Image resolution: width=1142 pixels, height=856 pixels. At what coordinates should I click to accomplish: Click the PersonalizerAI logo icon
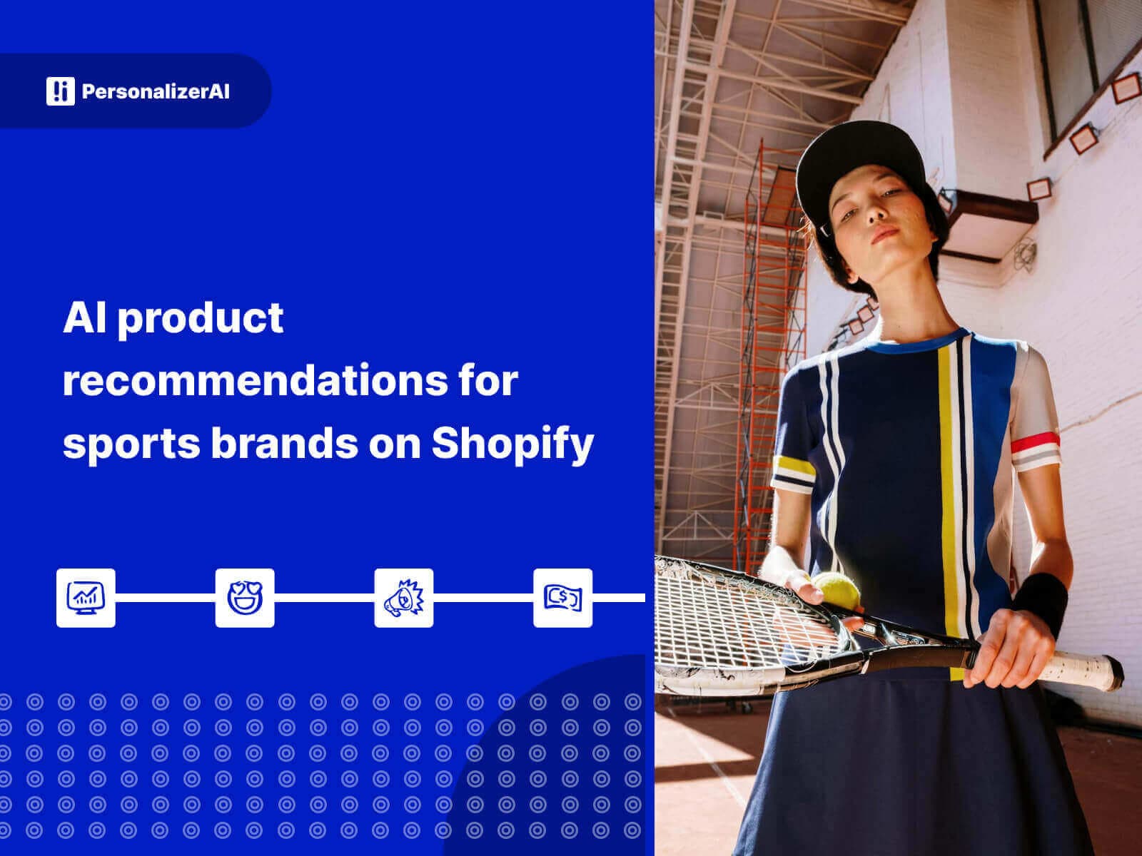click(60, 91)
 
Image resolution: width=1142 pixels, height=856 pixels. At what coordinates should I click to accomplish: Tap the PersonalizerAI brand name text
click(156, 92)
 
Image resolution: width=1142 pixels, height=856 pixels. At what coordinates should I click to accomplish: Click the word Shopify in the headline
click(512, 444)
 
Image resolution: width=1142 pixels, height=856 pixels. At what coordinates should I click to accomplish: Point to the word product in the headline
click(201, 318)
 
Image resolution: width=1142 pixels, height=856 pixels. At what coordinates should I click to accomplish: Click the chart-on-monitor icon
click(86, 598)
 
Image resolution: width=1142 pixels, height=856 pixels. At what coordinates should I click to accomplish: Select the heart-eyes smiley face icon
click(245, 598)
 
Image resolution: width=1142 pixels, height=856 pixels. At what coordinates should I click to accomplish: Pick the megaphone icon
click(404, 598)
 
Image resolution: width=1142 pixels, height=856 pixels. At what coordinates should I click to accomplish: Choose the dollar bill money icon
click(562, 598)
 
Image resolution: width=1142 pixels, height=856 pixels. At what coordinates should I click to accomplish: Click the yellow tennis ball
click(837, 591)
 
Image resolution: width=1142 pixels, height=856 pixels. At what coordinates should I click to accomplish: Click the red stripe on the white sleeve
click(1035, 442)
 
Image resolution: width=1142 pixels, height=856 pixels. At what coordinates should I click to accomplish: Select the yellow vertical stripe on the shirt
click(946, 464)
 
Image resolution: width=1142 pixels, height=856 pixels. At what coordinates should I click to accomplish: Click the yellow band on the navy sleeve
click(792, 468)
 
